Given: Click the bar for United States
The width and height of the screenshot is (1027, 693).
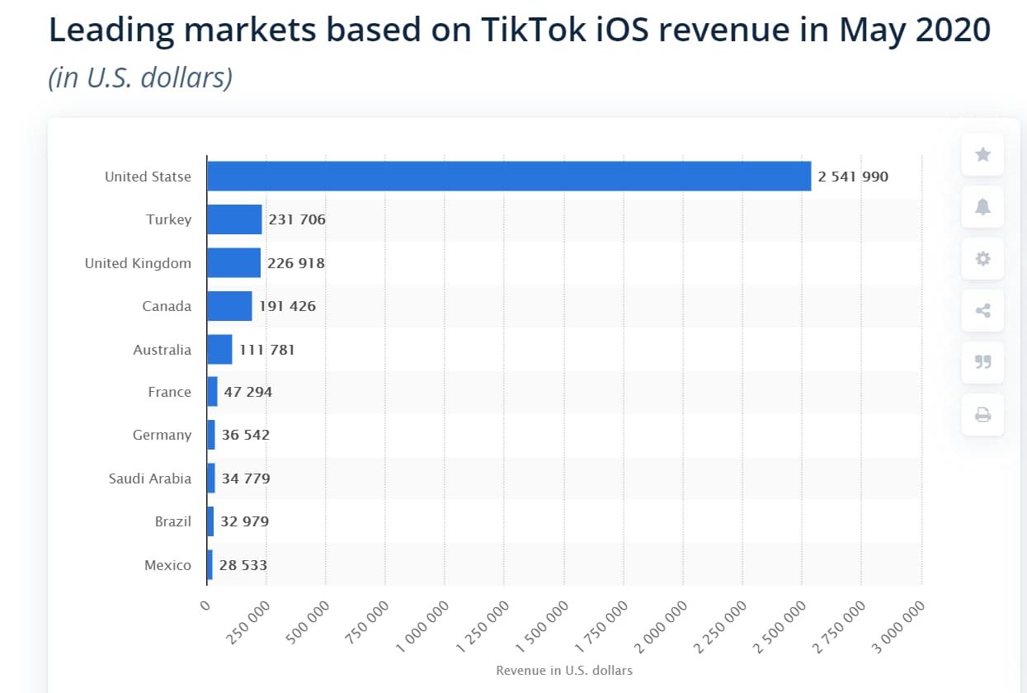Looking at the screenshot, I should click(508, 177).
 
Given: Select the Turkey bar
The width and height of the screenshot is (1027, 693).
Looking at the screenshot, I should click(234, 219).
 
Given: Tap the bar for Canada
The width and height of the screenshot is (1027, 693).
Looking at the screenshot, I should click(229, 306).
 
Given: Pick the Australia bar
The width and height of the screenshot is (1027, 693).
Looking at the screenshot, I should click(219, 349).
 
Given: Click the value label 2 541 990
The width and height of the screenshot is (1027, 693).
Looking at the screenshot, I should click(853, 177).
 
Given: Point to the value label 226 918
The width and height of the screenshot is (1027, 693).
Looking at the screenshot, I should click(296, 263).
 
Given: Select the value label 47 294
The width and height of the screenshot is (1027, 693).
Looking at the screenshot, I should click(247, 392).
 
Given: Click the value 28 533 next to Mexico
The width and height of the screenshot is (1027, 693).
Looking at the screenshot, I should click(243, 565).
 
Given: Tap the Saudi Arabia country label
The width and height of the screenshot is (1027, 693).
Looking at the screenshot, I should click(149, 478).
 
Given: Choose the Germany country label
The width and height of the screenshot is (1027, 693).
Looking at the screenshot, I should click(162, 435).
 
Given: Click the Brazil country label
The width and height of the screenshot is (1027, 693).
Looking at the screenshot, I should click(172, 521).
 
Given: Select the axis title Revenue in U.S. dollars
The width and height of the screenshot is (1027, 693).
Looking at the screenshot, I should click(564, 671).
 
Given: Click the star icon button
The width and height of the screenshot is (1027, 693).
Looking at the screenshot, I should click(982, 154).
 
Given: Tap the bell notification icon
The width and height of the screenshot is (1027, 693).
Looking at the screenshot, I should click(982, 206).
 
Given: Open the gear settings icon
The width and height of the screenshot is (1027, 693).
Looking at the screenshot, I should click(982, 258).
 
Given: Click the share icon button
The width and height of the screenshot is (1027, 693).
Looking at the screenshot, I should click(982, 310).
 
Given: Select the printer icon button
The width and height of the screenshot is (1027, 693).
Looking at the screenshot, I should click(982, 414).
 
